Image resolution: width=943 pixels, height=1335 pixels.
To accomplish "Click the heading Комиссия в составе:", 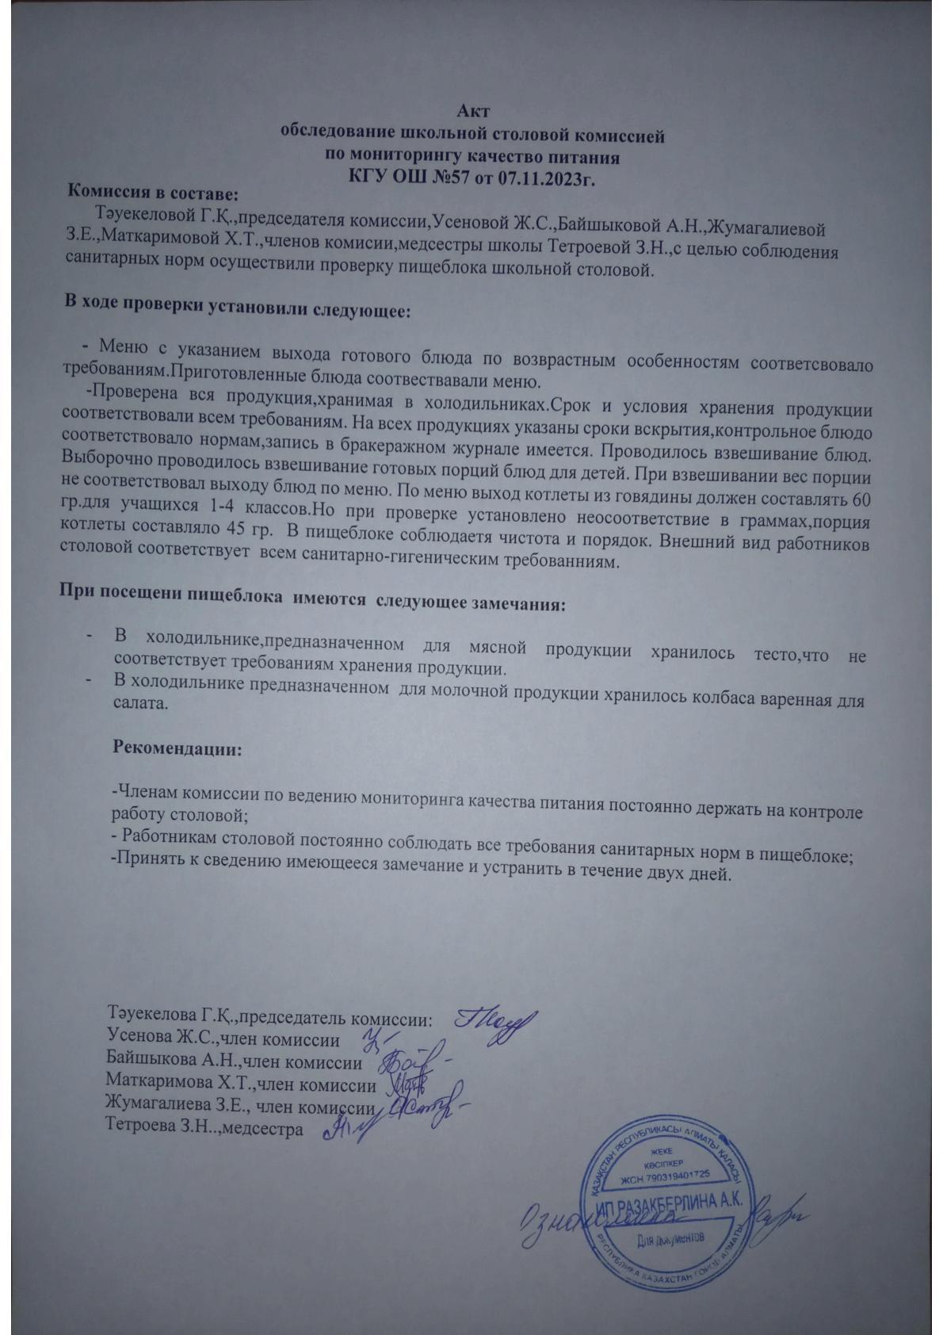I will pos(153,192).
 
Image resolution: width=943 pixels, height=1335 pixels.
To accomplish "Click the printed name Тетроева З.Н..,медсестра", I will pos(204,1127).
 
